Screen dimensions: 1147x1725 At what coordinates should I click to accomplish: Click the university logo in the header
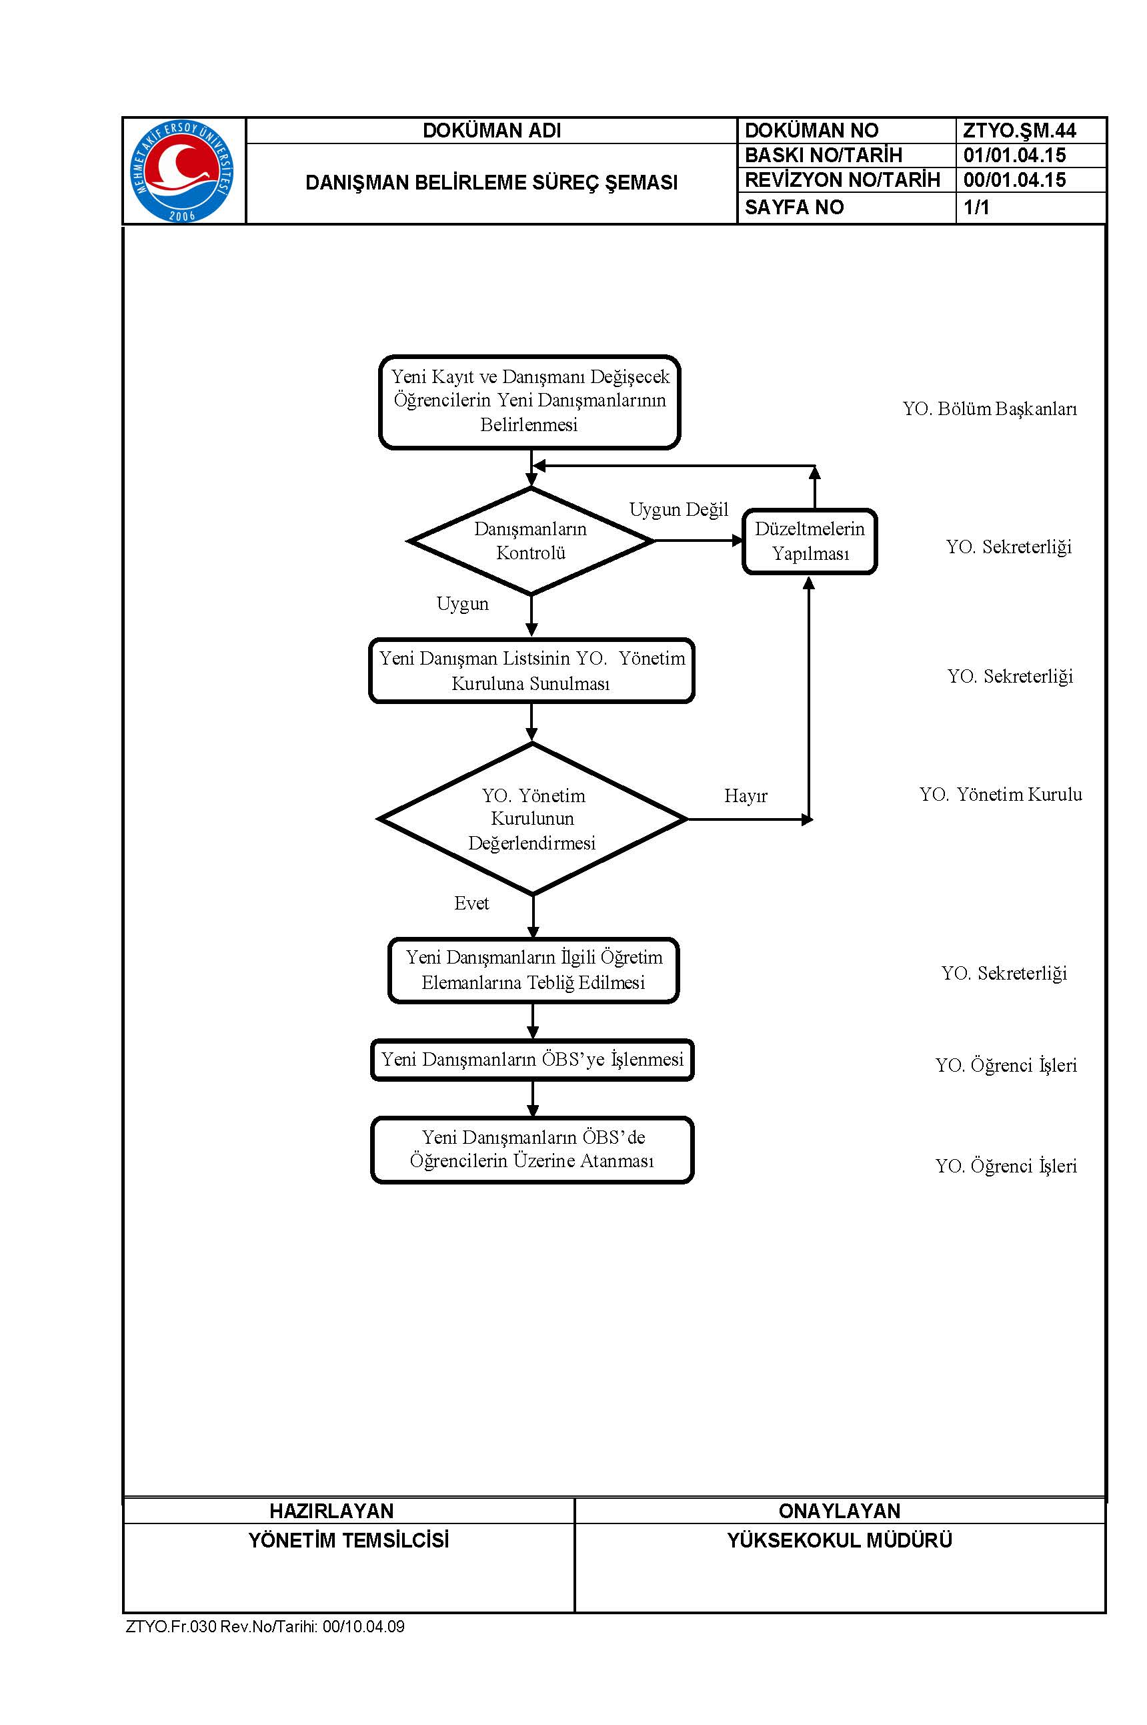[x=182, y=171]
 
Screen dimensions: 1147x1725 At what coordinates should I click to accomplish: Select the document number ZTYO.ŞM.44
[x=1019, y=130]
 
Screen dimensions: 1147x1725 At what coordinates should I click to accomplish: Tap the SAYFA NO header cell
[x=794, y=207]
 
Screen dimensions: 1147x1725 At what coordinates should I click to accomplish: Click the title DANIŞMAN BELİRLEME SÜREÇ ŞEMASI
[x=491, y=182]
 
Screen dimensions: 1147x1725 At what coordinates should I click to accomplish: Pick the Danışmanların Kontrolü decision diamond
[x=531, y=541]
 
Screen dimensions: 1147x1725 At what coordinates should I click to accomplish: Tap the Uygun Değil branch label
[x=679, y=509]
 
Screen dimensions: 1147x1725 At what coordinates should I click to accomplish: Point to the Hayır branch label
[x=746, y=795]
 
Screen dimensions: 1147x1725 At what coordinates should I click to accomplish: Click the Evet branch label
[x=471, y=903]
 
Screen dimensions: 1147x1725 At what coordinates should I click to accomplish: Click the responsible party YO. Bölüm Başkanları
[x=990, y=408]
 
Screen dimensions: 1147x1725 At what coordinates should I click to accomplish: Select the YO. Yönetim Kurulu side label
[x=1001, y=794]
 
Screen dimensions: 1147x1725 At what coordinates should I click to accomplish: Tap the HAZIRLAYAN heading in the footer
[x=331, y=1511]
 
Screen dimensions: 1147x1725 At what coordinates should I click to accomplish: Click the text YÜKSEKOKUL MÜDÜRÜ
[x=840, y=1540]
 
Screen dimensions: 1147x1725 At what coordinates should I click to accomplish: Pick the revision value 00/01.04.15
[x=1014, y=180]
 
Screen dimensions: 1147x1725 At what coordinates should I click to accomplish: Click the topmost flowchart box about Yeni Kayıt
[x=529, y=402]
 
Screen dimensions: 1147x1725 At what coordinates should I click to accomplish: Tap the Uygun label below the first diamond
[x=462, y=604]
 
